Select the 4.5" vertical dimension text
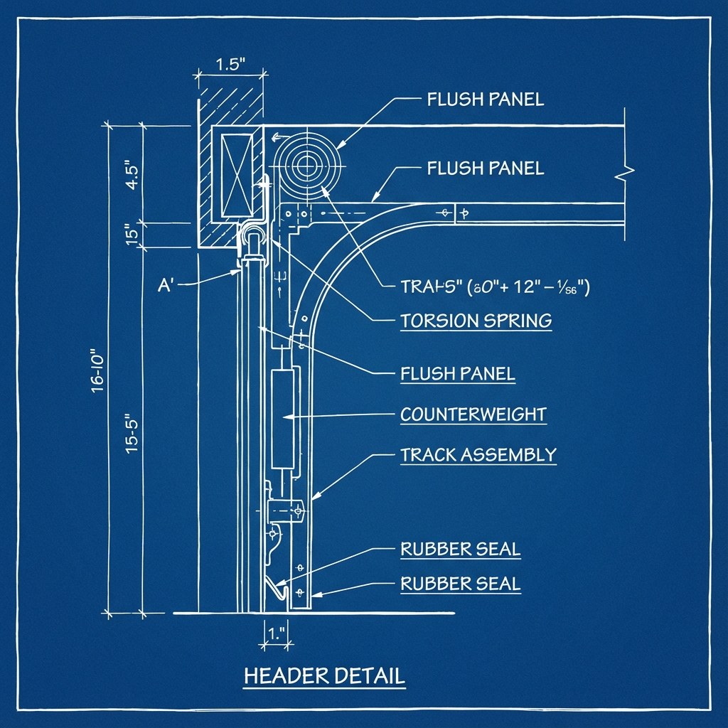(x=131, y=174)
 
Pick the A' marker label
(x=166, y=287)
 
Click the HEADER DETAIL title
(x=324, y=675)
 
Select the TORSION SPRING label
(x=476, y=321)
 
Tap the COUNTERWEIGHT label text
(x=473, y=414)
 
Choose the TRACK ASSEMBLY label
(x=478, y=455)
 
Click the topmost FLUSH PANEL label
(x=485, y=100)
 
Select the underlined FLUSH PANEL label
(x=457, y=373)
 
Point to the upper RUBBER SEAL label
(x=460, y=549)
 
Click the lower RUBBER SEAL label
(x=460, y=584)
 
